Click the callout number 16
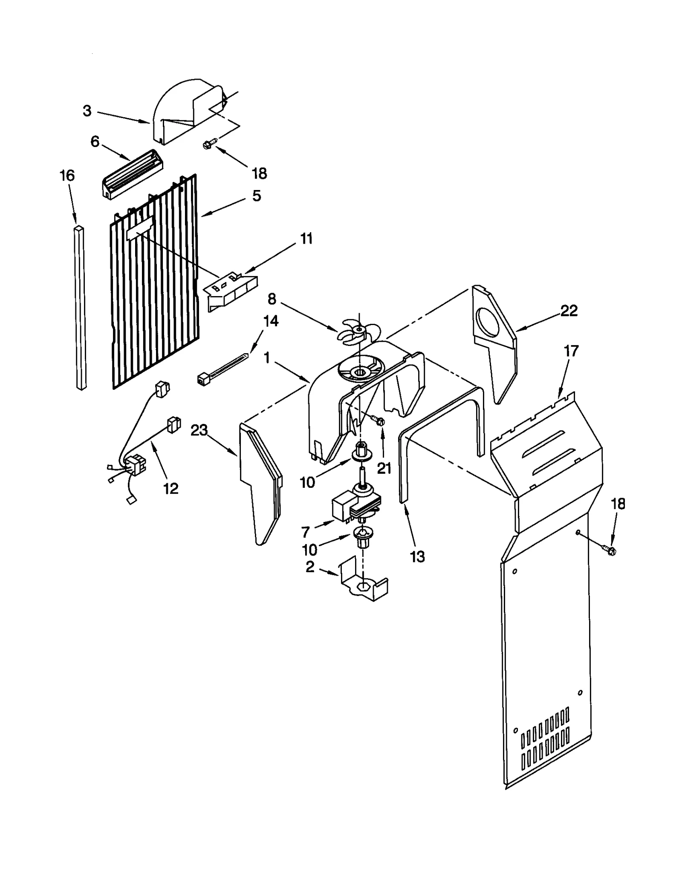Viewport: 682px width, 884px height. [67, 176]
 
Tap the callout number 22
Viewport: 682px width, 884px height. [569, 311]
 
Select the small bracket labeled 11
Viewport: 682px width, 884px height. [231, 292]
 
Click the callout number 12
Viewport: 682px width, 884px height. [170, 488]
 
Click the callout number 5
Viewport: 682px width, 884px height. [256, 196]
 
